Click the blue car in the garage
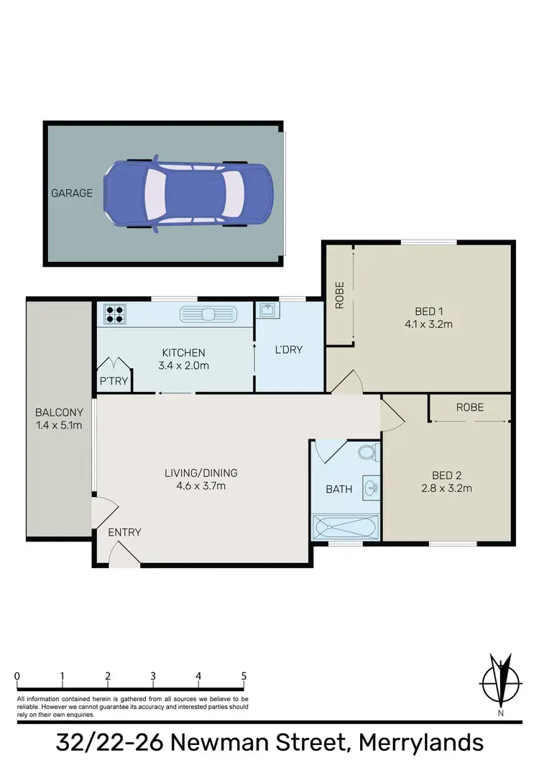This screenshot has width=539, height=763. point(189,193)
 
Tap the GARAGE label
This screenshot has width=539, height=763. point(71,193)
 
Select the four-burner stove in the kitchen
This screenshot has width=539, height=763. point(114,314)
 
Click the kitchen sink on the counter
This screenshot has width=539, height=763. point(208,314)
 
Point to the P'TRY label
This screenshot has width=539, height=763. point(114,382)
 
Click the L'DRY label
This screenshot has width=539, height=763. point(289,350)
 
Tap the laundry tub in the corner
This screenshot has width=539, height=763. point(267,311)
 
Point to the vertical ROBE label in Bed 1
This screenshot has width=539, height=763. point(340,295)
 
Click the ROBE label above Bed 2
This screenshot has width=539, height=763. point(470,407)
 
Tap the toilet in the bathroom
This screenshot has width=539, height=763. point(367,453)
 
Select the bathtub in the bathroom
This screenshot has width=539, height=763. point(346,527)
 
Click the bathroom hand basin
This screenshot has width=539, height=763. point(370,487)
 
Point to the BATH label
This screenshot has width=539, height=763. point(339,489)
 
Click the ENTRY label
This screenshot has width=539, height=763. point(124,532)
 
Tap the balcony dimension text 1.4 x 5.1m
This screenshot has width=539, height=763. point(59,424)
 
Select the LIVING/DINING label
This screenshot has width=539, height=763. point(201,473)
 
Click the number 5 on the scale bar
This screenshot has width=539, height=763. point(244,676)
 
